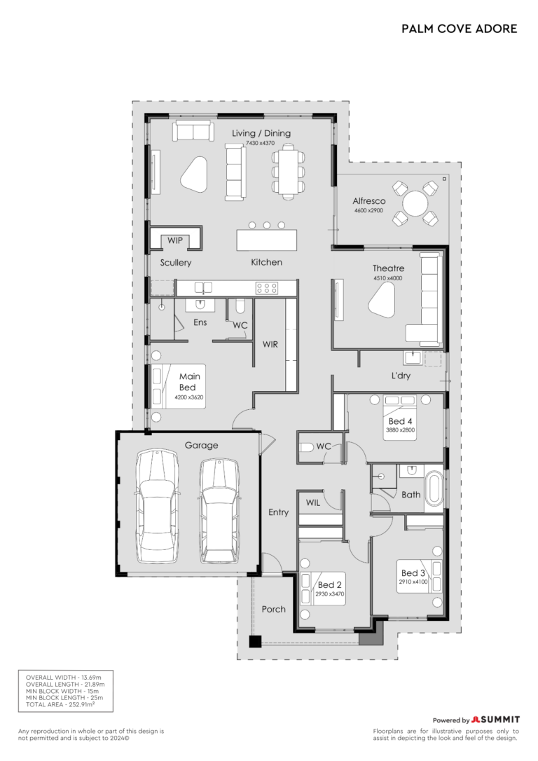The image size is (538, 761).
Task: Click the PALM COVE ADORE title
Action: [x=459, y=29]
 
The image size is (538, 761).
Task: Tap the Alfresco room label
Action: [x=369, y=200]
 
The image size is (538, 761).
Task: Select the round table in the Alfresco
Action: [x=415, y=203]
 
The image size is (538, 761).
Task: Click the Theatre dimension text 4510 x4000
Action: [x=387, y=278]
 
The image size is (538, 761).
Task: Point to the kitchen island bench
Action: [x=267, y=240]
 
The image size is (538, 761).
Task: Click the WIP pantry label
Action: [x=175, y=240]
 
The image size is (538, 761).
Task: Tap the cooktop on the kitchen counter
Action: [x=267, y=288]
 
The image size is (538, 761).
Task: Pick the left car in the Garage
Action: [x=157, y=506]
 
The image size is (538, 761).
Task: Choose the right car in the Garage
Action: [x=219, y=511]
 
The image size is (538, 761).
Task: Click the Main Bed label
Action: [x=188, y=381]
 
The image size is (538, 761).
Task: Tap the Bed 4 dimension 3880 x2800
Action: [x=400, y=430]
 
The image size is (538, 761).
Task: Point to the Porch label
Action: [x=274, y=609]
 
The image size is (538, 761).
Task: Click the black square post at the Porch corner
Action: [x=255, y=641]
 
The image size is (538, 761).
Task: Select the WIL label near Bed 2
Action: [x=313, y=503]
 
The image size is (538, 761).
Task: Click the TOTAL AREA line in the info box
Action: [x=60, y=704]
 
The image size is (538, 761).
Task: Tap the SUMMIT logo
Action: [x=496, y=719]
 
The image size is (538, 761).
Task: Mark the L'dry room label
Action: [x=401, y=375]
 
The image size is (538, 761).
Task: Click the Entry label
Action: [x=279, y=512]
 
